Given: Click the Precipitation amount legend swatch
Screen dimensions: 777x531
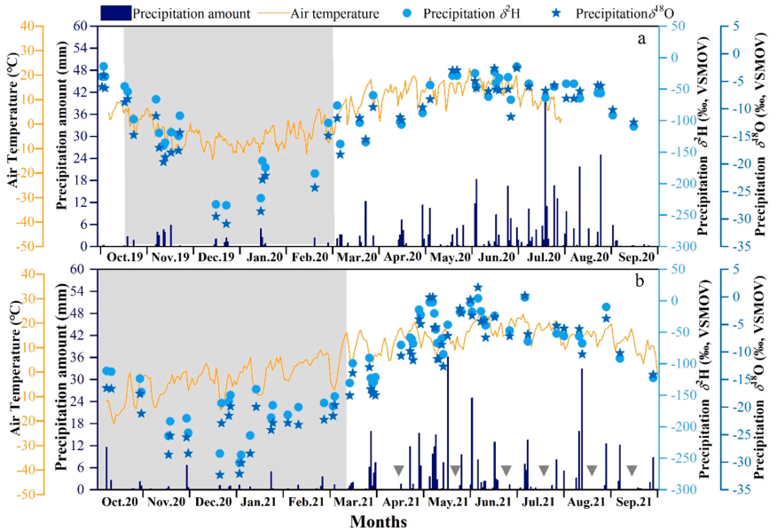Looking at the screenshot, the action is coord(116,13).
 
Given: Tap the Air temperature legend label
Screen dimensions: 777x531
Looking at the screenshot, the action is coord(335,13).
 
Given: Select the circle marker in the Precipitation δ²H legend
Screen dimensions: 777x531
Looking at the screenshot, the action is coord(408,13).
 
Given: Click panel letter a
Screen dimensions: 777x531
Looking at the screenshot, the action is coord(641,39).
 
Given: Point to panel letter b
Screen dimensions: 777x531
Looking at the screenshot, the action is coord(640,281).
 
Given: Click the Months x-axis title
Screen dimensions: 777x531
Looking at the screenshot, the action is coord(379,521).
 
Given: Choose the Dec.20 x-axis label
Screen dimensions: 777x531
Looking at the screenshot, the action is coord(213,502).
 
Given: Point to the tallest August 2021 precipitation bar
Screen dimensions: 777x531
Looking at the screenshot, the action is coord(582,429).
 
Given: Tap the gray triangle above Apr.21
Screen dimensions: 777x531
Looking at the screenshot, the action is coord(399,470).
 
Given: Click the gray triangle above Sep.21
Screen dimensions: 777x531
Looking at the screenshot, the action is coord(632,470).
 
